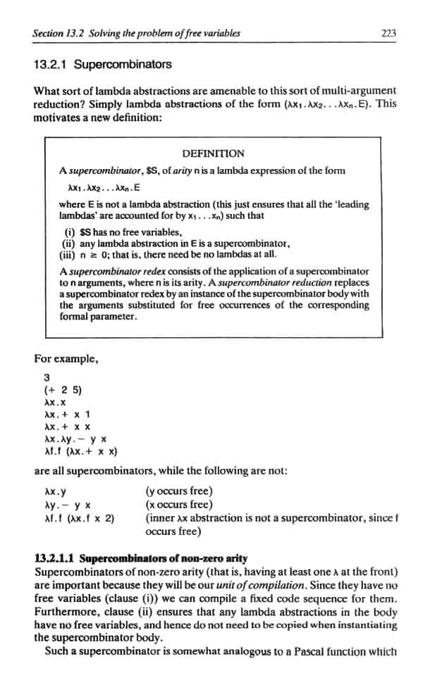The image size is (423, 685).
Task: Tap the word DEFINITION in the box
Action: point(213,153)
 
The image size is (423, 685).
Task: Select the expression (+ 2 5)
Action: point(60,389)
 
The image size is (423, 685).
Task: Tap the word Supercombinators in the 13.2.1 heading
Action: point(123,65)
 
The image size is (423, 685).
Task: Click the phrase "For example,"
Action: point(66,359)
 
